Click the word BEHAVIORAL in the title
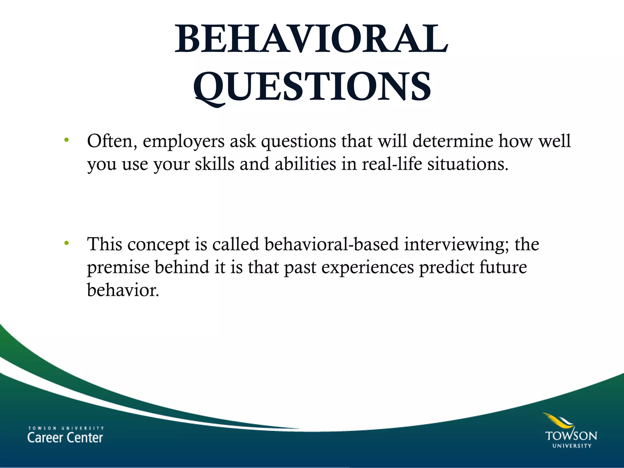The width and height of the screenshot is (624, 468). tap(311, 39)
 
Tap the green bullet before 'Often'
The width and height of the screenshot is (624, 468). tap(66, 140)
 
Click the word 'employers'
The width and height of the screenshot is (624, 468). tap(183, 142)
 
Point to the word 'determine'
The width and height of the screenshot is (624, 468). tap(453, 141)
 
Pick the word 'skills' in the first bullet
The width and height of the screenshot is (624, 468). tap(214, 165)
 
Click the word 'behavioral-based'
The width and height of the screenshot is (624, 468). tap(331, 244)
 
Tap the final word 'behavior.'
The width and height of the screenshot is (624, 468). tap(123, 290)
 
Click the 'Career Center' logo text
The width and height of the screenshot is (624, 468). tap(65, 438)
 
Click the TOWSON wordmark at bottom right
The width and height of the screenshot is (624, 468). tap(571, 436)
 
